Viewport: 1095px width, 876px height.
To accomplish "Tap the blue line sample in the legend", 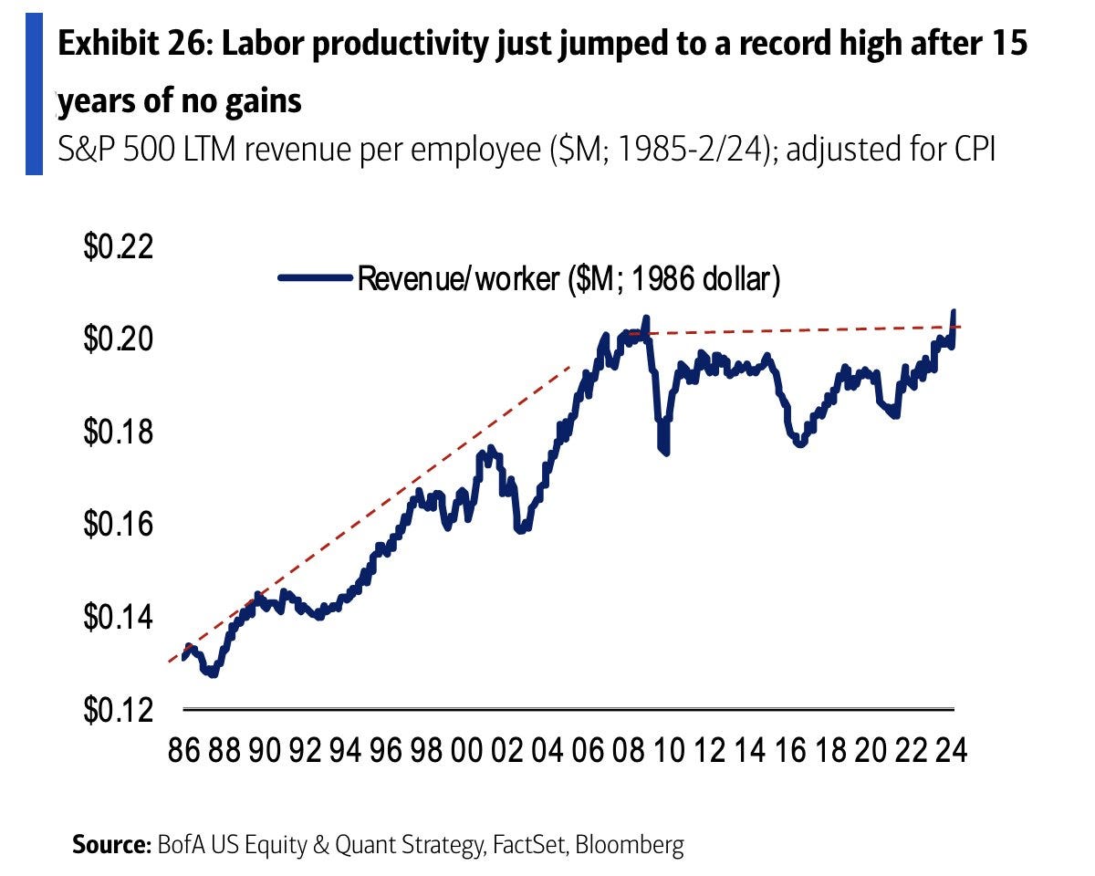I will coord(315,277).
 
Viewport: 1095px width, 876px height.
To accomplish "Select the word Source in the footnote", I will coord(110,846).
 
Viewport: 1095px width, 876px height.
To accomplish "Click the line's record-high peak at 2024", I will coord(954,313).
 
